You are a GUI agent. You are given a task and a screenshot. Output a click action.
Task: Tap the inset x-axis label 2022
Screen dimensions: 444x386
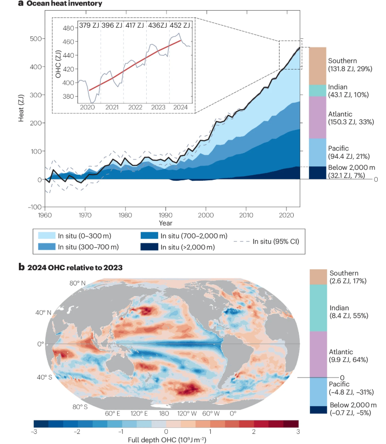click(x=135, y=107)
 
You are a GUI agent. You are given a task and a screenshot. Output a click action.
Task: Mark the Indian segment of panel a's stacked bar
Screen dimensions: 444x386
click(x=317, y=90)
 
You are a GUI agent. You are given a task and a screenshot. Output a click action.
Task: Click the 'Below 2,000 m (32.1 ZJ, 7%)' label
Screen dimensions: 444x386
click(x=352, y=171)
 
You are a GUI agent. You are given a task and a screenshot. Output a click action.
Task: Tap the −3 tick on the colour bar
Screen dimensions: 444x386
click(x=34, y=431)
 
